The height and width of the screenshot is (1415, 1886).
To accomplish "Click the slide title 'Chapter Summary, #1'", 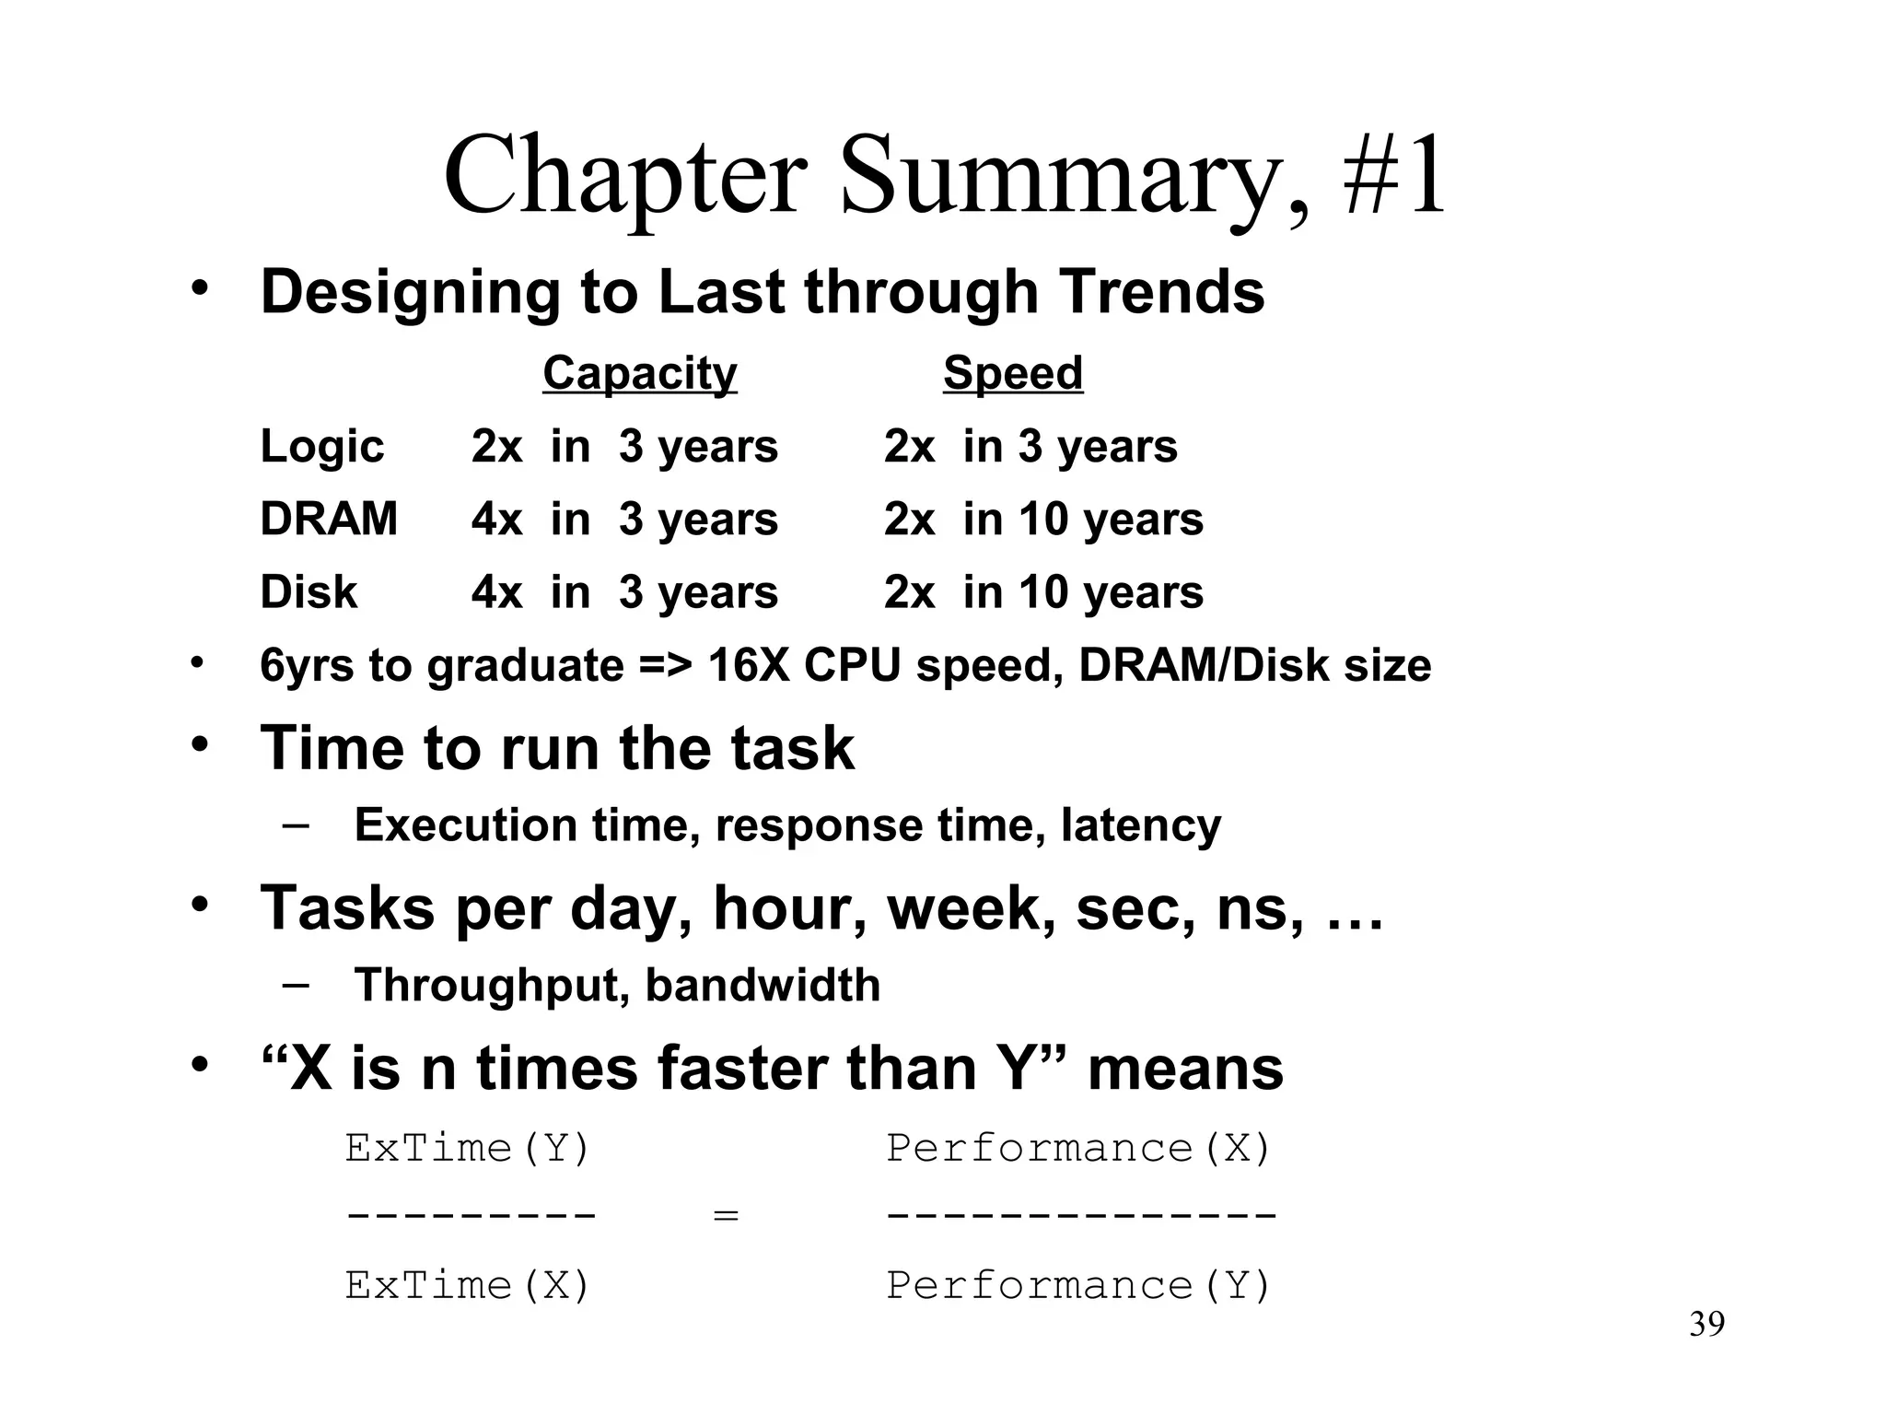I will (945, 175).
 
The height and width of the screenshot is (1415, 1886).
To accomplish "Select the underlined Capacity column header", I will (639, 373).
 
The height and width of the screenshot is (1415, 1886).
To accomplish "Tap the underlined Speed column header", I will (1012, 373).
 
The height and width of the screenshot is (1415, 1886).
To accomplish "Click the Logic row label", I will (321, 447).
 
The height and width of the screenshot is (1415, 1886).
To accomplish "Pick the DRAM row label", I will (329, 519).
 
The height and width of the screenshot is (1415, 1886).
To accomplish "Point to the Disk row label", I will (309, 591).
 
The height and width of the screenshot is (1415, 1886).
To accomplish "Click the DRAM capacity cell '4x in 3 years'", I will (624, 520).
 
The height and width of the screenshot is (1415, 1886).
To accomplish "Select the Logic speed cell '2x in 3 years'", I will (1030, 447).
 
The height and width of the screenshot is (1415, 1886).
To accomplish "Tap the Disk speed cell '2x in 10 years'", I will (1043, 592).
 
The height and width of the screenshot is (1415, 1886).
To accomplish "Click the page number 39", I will (1706, 1325).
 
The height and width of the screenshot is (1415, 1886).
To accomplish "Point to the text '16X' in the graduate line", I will (750, 665).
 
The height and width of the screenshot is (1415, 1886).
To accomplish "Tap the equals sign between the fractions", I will (726, 1216).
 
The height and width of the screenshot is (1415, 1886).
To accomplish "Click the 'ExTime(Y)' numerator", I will (467, 1149).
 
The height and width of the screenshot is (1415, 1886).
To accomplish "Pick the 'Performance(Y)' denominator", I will (1078, 1286).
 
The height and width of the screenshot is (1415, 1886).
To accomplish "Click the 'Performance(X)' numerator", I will (1078, 1149).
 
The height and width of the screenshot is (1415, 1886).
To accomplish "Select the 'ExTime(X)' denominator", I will (467, 1286).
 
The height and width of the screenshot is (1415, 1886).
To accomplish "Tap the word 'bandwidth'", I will (763, 985).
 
